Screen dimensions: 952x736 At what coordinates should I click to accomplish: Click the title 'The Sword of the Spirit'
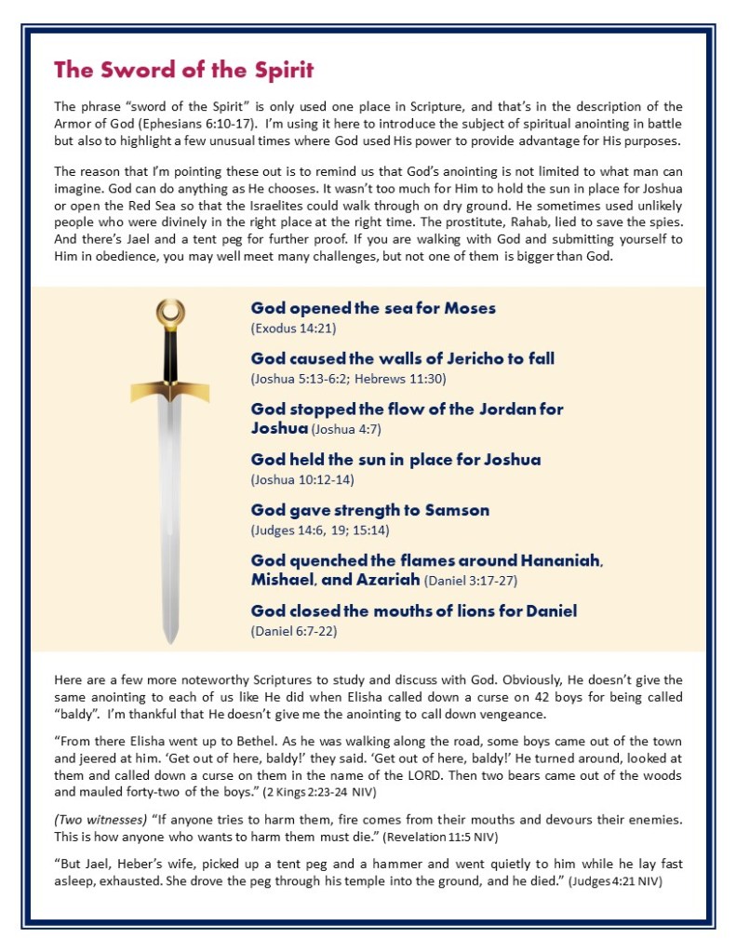(x=183, y=70)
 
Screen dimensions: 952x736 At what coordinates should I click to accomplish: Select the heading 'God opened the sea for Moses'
(x=373, y=308)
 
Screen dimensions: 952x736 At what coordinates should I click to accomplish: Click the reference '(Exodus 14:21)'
(x=292, y=329)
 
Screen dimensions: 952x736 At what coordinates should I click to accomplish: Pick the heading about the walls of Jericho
(x=403, y=358)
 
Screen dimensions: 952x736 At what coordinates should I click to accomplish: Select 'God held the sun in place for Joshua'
(x=395, y=460)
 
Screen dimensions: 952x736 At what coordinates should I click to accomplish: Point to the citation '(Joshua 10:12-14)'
(x=302, y=480)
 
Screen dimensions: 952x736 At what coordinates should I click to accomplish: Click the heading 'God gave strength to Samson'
(x=369, y=510)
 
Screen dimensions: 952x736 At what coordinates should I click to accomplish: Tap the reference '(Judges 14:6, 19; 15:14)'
(x=319, y=530)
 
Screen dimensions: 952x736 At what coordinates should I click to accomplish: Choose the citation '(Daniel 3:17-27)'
(x=470, y=581)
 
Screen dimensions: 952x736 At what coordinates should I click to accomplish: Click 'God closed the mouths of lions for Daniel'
(x=414, y=610)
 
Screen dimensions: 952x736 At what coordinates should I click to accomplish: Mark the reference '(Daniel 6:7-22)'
(x=295, y=631)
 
